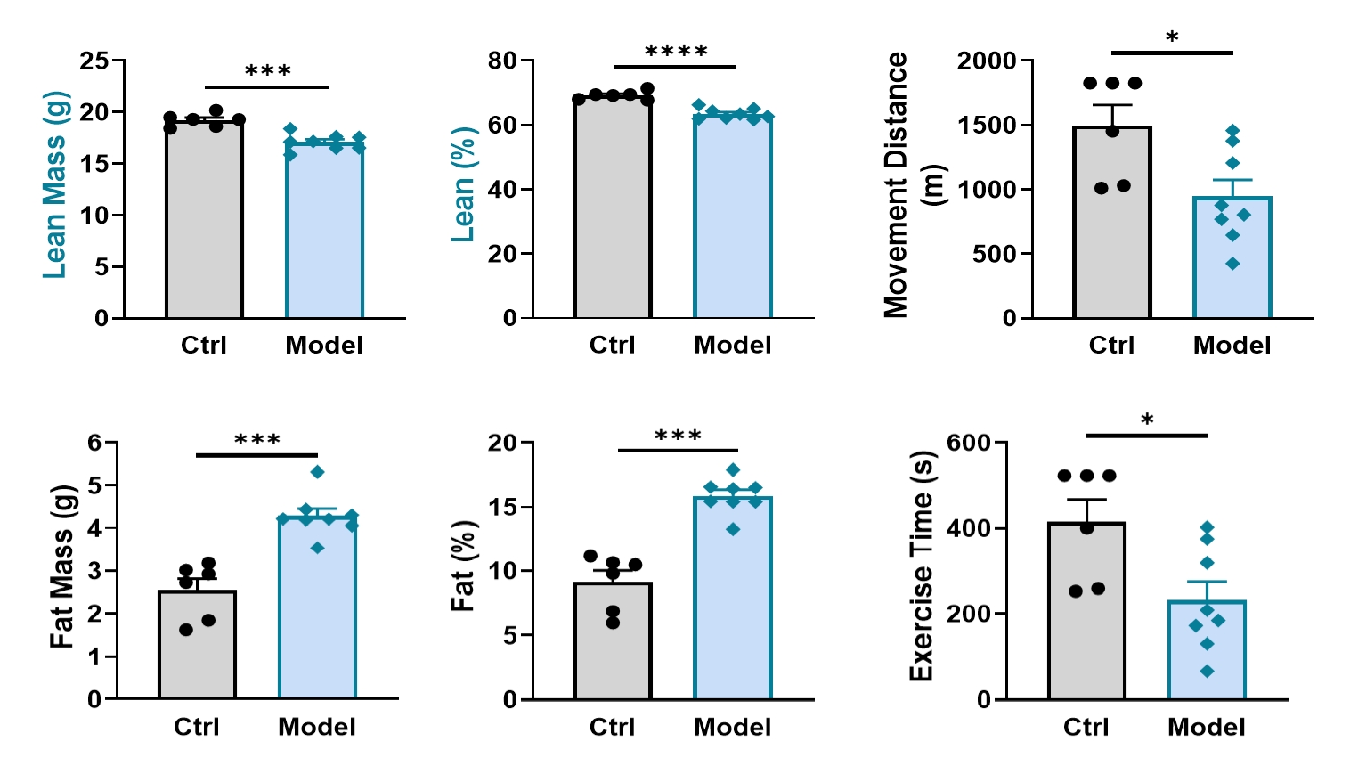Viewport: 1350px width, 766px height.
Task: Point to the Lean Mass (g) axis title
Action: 55,184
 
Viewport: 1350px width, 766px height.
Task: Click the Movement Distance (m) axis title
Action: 907,184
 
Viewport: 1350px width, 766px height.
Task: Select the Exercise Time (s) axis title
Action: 921,566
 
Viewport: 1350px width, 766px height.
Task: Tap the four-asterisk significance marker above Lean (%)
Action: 676,52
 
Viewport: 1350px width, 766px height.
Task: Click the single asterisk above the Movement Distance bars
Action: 1172,38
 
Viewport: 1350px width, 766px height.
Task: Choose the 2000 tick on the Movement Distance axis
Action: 986,61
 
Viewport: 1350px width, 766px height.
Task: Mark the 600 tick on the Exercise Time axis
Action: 968,443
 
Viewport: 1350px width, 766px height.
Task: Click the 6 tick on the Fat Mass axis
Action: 94,443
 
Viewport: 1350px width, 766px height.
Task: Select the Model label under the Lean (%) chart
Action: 733,346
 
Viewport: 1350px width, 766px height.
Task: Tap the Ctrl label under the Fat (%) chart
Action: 612,727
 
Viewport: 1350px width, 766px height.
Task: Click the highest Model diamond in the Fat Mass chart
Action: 317,471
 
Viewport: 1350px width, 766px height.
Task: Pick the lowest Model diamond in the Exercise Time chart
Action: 1207,672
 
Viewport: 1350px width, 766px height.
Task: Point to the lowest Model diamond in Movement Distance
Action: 1232,264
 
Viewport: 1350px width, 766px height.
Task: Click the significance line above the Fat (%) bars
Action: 678,450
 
